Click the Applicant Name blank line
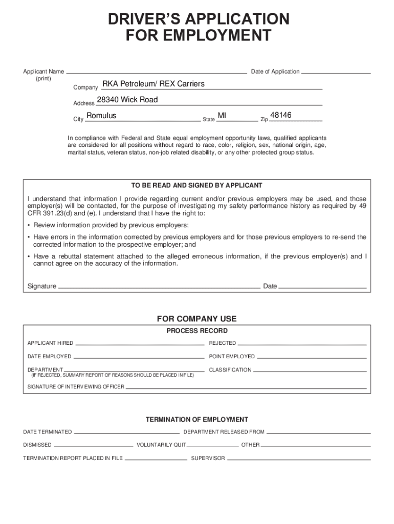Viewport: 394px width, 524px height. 157,72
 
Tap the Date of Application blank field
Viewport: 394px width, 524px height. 336,72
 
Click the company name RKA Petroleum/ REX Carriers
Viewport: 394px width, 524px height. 154,84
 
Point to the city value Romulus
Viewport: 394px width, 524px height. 101,116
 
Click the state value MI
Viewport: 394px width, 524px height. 222,116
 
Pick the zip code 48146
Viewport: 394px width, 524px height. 280,116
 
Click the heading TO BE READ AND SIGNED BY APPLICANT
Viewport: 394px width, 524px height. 197,185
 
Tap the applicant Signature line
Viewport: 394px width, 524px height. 159,287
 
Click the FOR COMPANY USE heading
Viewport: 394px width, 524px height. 197,319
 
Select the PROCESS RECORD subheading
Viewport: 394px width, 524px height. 197,331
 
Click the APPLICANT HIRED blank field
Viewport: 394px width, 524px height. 139,343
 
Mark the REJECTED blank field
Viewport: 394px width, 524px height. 302,343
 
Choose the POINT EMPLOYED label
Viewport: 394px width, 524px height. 232,357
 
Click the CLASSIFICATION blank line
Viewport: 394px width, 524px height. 310,370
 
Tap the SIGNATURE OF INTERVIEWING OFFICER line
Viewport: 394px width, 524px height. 246,387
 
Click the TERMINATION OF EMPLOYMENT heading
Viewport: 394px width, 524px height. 197,420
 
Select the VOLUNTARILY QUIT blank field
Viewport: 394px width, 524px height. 213,445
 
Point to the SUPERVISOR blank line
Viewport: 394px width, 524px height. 298,458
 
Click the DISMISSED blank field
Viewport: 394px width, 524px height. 93,445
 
